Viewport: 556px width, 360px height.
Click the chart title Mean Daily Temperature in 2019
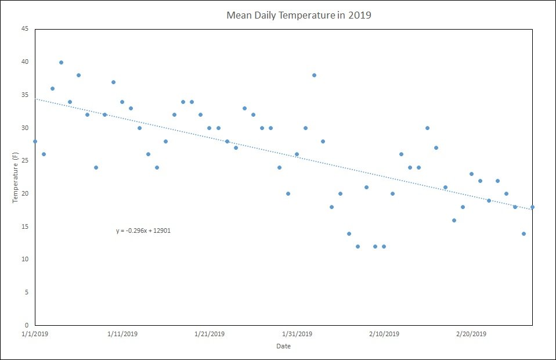298,15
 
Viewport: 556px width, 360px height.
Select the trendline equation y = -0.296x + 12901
143,231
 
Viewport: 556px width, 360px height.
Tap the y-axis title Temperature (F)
15,177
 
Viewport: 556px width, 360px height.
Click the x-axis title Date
283,346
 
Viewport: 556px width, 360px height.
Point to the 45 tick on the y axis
25,28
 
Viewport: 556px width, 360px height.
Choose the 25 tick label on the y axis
25,160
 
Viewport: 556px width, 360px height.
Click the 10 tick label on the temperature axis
25,259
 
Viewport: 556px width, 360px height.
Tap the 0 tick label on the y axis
27,325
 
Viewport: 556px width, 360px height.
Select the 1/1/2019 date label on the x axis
35,334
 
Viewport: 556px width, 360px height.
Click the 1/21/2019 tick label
209,334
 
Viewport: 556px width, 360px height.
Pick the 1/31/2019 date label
297,334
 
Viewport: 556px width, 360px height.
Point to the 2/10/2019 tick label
384,334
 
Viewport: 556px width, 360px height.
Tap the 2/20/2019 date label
471,334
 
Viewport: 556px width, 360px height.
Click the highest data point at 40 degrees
61,62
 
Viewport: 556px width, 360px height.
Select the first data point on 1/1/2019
35,141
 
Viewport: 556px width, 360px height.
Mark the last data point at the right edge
532,207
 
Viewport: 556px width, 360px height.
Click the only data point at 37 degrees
113,82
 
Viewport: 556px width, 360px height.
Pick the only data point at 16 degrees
454,220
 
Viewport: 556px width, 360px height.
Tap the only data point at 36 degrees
52,88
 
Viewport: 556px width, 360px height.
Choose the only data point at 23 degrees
471,174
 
